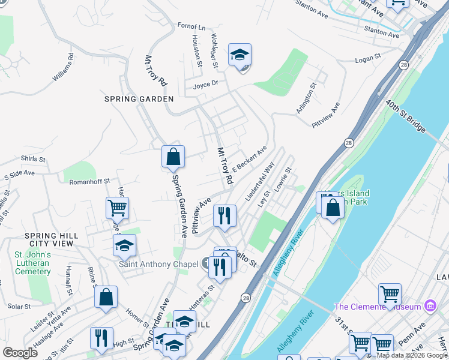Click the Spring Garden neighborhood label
(139, 99)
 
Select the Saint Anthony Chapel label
(158, 264)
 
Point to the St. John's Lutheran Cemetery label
(32, 263)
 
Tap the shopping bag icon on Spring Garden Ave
(173, 157)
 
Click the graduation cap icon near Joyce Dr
(240, 56)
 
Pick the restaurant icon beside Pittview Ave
(224, 216)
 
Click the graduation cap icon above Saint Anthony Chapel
(124, 246)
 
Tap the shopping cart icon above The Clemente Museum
(390, 295)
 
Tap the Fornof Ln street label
(191, 27)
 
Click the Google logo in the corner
(20, 353)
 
